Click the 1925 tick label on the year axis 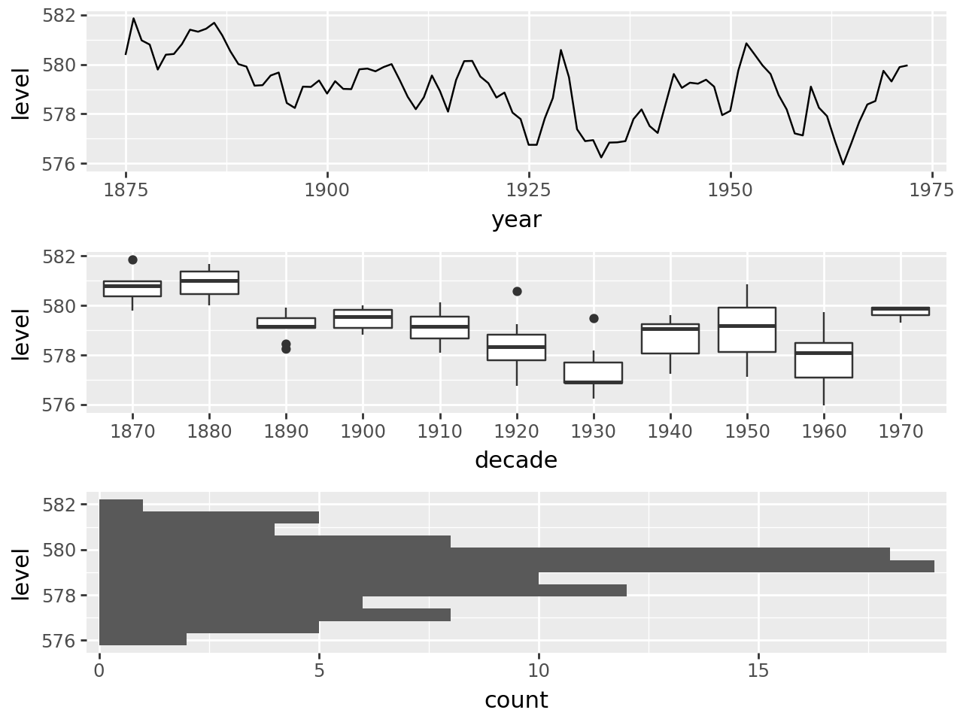click(x=529, y=190)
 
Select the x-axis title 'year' click(x=516, y=220)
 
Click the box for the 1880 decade click(x=209, y=283)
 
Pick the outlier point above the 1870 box click(x=132, y=259)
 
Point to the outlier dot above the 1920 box click(x=517, y=291)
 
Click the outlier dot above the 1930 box click(x=594, y=318)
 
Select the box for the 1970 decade click(x=901, y=311)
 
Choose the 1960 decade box click(x=824, y=360)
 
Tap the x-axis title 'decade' click(x=516, y=460)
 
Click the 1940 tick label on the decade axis click(x=670, y=432)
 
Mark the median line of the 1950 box click(x=747, y=326)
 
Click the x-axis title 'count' click(x=516, y=700)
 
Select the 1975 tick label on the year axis click(x=931, y=190)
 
